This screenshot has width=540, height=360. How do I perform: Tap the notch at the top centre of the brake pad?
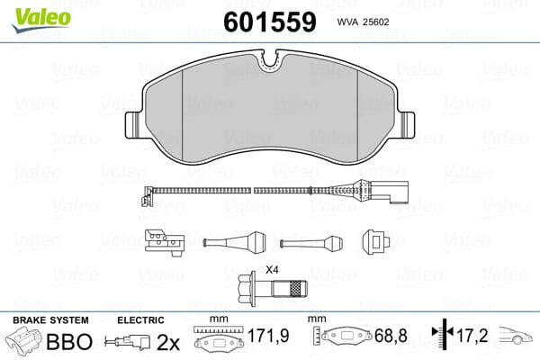(270, 62)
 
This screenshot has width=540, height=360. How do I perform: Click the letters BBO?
(69, 343)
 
